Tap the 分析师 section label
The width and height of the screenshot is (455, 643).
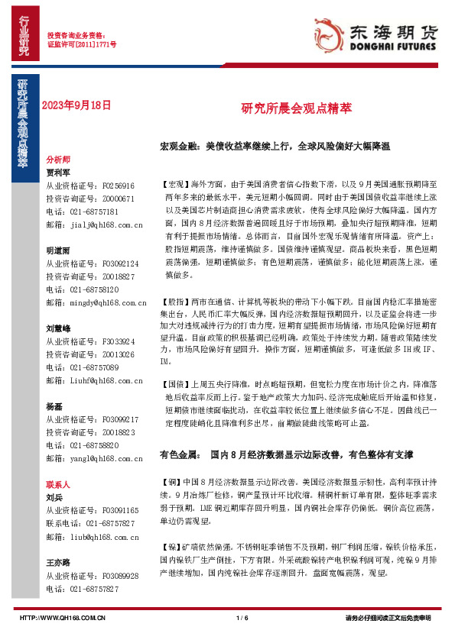[58, 160]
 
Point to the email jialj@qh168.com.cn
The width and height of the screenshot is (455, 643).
[94, 225]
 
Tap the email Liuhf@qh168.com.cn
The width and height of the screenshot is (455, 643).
[94, 381]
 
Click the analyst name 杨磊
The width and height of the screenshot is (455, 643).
[54, 406]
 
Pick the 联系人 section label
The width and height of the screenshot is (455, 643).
[58, 484]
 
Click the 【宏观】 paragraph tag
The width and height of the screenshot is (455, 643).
[174, 184]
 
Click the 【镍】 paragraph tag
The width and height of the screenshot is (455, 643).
[170, 547]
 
